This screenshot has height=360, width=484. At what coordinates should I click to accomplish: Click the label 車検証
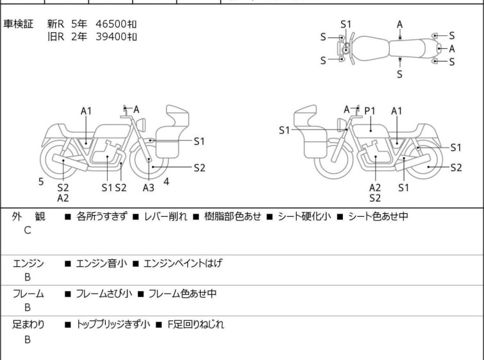pos(20,24)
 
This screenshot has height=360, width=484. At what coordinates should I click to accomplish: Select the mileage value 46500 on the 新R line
pos(112,24)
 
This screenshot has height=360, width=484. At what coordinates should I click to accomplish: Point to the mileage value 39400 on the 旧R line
pos(112,37)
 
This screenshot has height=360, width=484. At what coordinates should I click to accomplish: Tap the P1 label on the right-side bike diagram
pos(370,111)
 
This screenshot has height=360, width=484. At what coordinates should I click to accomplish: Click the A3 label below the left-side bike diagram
pos(149,187)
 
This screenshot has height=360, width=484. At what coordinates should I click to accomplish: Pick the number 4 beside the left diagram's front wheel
pos(167,182)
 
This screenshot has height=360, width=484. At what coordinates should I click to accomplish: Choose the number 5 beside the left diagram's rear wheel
pos(41,182)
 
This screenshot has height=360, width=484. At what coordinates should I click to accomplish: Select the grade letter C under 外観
pos(28,230)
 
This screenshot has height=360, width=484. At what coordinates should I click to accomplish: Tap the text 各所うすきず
pos(101,217)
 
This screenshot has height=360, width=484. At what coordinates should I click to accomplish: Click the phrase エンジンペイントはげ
pos(183,263)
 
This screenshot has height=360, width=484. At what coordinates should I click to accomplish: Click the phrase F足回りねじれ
pos(192,325)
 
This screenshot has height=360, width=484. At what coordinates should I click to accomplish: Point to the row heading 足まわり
pos(29,325)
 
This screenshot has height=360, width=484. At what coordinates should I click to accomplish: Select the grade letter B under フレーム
pos(28,307)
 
